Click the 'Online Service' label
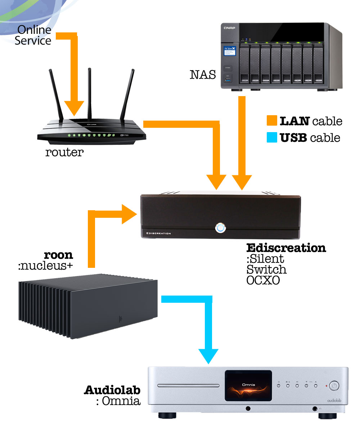point(33,35)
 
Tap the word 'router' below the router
point(64,153)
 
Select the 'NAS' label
point(203,75)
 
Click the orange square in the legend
point(272,121)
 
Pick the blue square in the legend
point(272,137)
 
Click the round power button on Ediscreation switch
point(220,228)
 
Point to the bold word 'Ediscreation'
point(286,248)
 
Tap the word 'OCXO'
point(263,280)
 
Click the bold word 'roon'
point(58,255)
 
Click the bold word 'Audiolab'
point(112,390)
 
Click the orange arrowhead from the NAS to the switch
point(242,182)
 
